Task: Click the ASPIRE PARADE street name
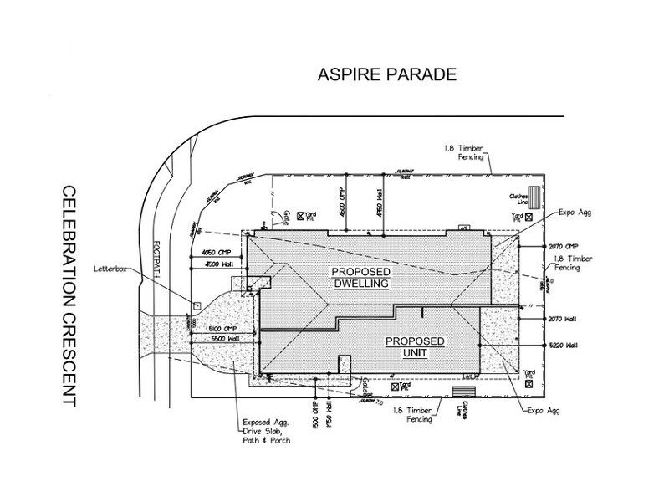(386, 74)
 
